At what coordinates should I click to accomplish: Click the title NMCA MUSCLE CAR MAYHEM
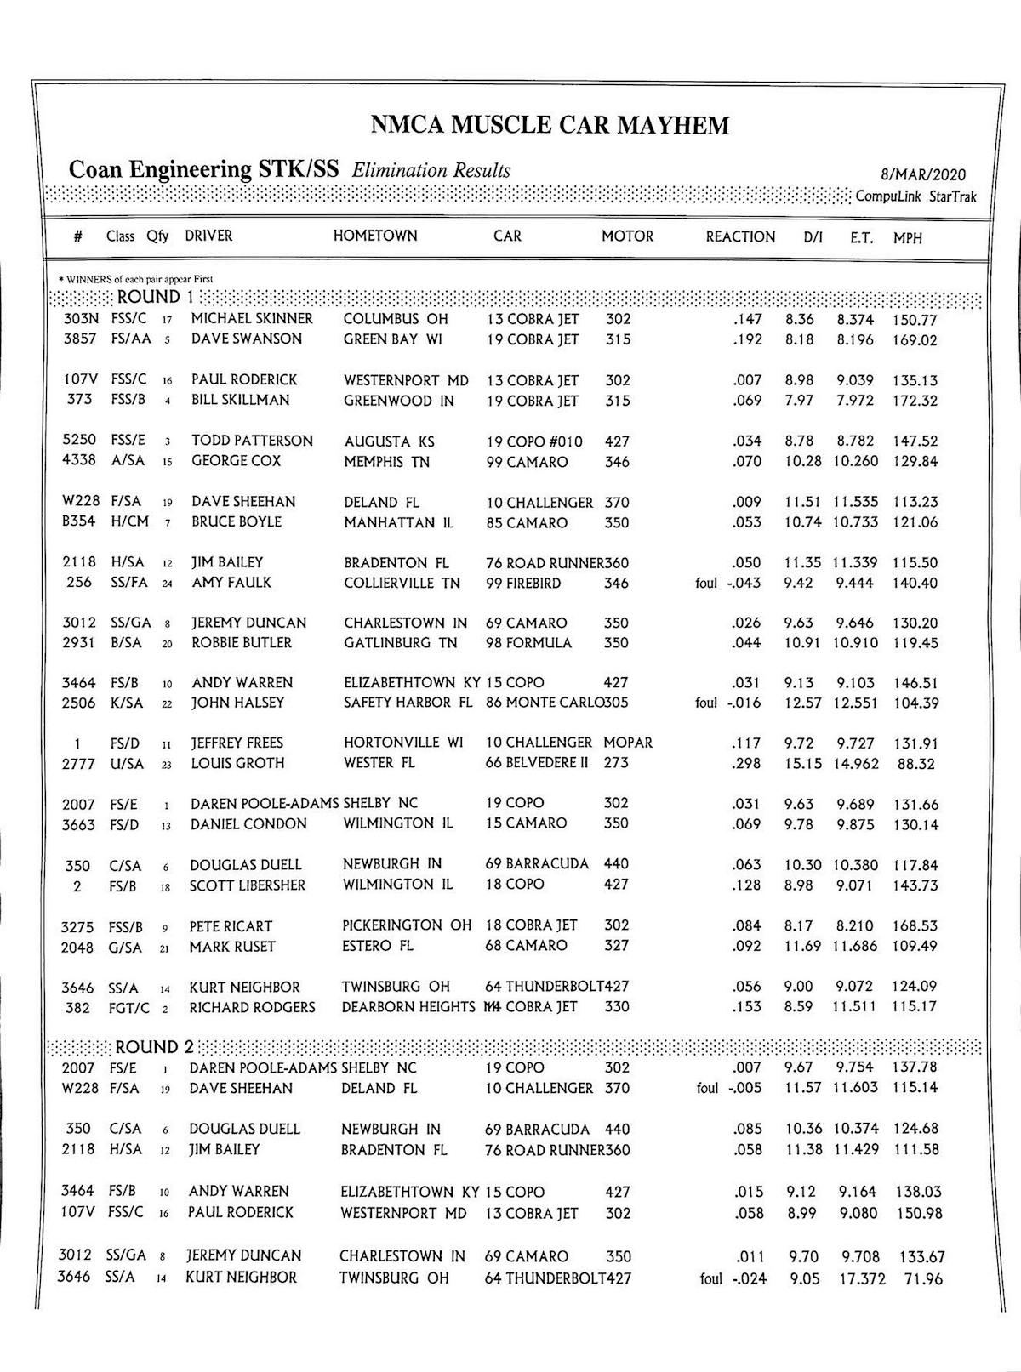[x=550, y=126]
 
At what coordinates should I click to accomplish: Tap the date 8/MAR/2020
[x=923, y=175]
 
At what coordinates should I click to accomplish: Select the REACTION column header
[x=740, y=237]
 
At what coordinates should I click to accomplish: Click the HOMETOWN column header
[x=375, y=236]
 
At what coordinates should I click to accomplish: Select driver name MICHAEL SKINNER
[x=252, y=319]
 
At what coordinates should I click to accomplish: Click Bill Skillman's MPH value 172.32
[x=915, y=401]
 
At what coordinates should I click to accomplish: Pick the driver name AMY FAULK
[x=231, y=583]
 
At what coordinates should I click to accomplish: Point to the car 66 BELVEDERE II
[x=537, y=763]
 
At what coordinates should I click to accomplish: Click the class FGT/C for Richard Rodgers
[x=128, y=1007]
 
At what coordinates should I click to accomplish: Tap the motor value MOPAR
[x=628, y=743]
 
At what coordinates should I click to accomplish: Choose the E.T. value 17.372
[x=862, y=1279]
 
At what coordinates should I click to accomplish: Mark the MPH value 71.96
[x=922, y=1279]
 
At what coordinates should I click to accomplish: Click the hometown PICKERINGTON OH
[x=407, y=925]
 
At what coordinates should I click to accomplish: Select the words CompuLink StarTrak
[x=915, y=197]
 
